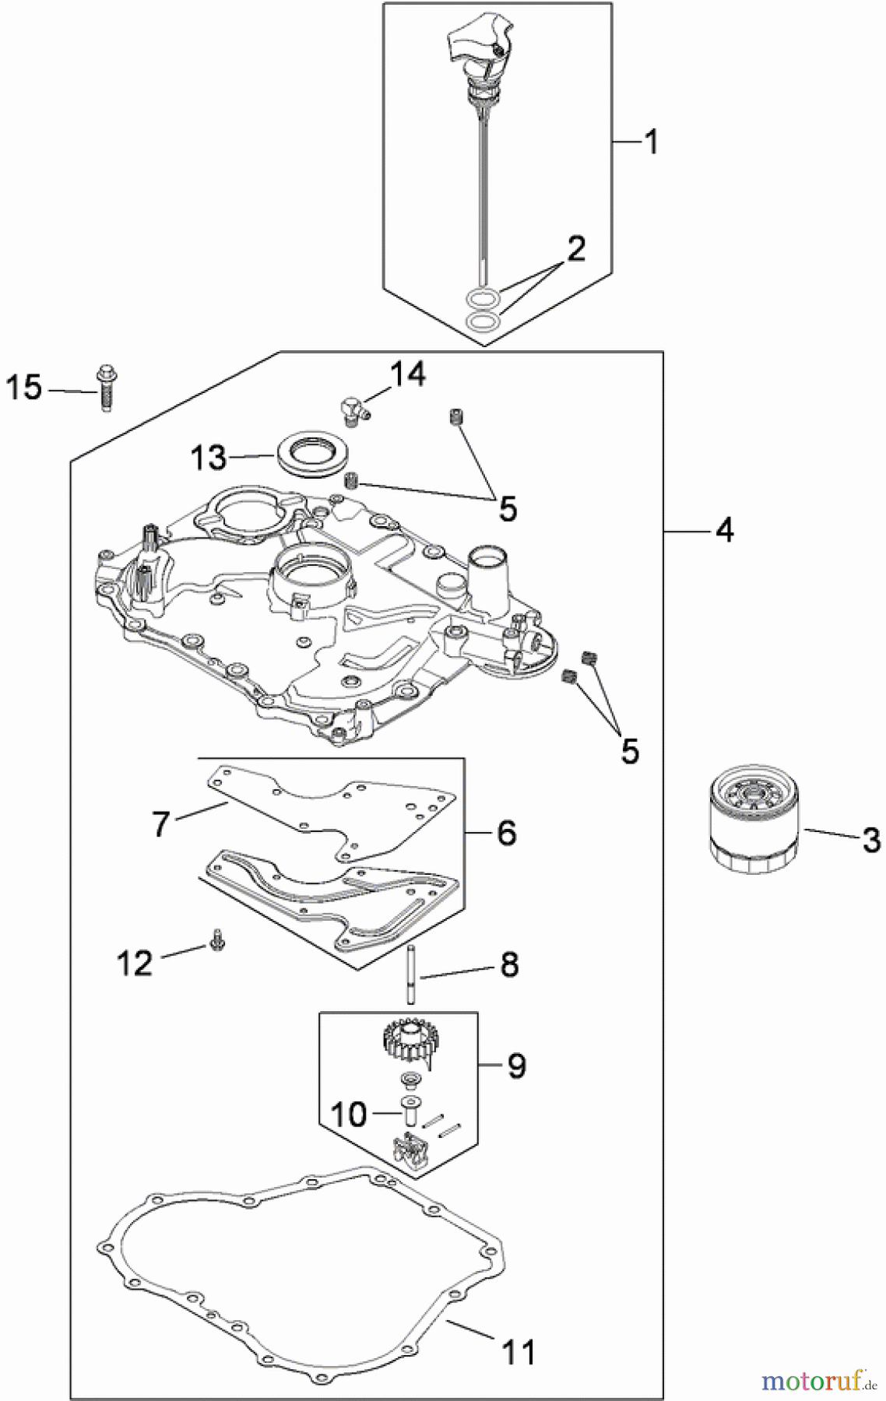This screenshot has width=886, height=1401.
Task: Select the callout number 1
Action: click(651, 142)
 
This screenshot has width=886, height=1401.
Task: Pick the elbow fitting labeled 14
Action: click(353, 408)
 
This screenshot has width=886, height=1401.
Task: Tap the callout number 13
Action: click(209, 458)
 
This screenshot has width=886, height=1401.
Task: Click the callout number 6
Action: click(505, 833)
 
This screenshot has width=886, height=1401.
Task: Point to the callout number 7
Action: click(161, 823)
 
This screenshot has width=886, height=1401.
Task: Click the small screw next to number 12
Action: click(216, 943)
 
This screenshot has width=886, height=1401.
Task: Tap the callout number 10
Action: click(348, 1114)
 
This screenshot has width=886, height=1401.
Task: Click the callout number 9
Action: click(517, 1064)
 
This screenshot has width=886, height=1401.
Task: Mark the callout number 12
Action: click(135, 964)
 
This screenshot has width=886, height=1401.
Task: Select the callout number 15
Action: click(23, 387)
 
